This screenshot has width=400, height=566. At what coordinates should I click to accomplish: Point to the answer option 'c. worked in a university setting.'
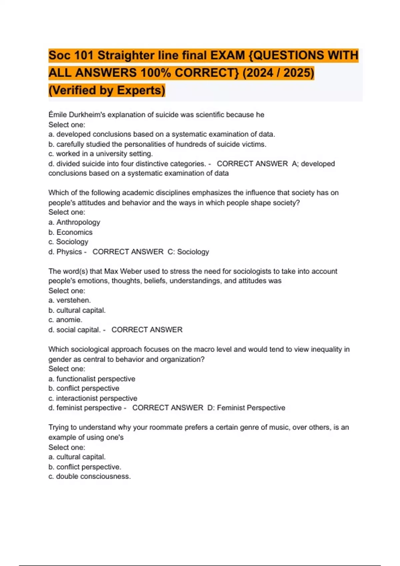[100, 154]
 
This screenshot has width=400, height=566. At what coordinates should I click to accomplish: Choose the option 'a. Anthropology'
[74, 222]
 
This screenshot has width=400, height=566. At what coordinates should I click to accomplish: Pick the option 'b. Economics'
[70, 232]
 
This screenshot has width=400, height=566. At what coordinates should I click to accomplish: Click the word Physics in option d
[69, 252]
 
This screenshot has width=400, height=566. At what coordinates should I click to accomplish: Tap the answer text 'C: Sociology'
[188, 252]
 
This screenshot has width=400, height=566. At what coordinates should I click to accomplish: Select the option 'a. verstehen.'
[69, 300]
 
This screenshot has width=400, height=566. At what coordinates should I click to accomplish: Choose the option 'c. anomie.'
[65, 320]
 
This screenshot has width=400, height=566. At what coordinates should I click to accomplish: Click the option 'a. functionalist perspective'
[92, 379]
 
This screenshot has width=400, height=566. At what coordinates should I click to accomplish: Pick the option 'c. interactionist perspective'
[93, 398]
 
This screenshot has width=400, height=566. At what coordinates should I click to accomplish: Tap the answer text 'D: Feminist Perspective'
[246, 408]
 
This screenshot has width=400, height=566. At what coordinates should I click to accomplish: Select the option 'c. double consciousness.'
[89, 476]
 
